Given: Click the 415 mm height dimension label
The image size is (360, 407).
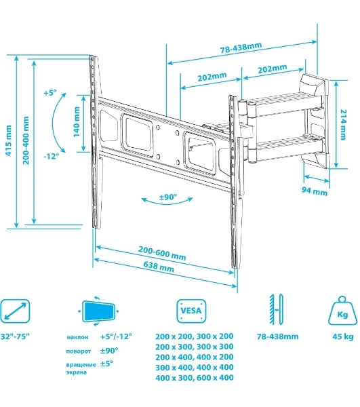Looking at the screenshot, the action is tap(9, 140).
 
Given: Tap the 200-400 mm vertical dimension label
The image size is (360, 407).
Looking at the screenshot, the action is tap(26, 140).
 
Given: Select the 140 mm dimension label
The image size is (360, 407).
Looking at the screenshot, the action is tap(77, 122).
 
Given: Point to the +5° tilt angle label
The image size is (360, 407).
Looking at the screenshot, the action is tap(49, 92).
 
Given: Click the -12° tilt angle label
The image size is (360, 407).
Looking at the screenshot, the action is tap(51, 156).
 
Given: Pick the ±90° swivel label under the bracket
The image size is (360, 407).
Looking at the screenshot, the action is tap(168, 197).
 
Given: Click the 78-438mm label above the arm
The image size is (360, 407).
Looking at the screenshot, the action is tap(241, 47).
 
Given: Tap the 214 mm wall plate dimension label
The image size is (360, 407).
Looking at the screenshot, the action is tap(344, 125).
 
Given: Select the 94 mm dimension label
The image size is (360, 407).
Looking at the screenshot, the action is tap(315, 191).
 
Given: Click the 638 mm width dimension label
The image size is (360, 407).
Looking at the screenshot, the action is tap(159, 267).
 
